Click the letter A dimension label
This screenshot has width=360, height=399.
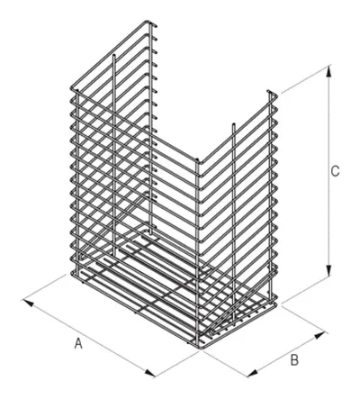[78, 343]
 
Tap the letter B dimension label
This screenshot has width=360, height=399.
[294, 360]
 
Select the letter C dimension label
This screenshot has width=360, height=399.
[335, 171]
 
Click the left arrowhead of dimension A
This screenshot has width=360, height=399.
[28, 303]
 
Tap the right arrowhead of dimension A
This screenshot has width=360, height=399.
[150, 373]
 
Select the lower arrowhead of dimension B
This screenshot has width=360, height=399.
[253, 373]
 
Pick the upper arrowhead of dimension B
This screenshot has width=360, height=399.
[319, 335]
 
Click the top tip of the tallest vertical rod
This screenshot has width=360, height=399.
[150, 23]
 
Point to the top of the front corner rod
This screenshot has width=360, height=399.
[197, 161]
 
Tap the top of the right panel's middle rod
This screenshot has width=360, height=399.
[233, 124]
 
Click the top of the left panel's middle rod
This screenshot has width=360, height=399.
[113, 56]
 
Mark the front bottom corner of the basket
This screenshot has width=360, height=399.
[200, 349]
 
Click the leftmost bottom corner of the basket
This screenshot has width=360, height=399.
[72, 274]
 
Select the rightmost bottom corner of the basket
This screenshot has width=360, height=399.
[275, 304]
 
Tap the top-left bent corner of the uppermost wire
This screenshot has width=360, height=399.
[72, 88]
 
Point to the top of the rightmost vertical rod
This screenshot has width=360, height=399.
[270, 92]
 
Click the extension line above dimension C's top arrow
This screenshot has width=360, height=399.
[304, 79]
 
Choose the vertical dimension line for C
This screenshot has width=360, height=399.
[329, 171]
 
